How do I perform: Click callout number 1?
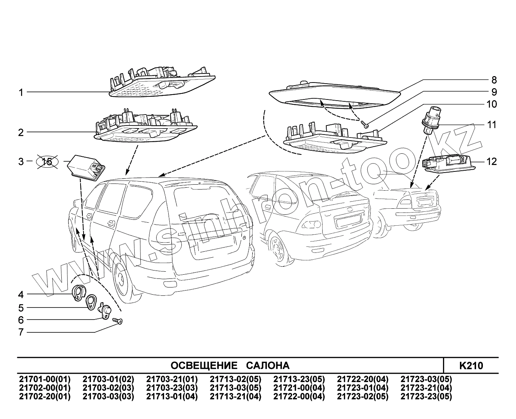click(x=21, y=92)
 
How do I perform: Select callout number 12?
click(x=492, y=162)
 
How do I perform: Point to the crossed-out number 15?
click(x=47, y=162)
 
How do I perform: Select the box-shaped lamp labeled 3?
click(x=86, y=167)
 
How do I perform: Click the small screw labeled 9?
click(x=364, y=123)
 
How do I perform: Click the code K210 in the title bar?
click(x=471, y=365)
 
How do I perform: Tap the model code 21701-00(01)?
click(x=44, y=379)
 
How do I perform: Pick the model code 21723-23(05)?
click(x=426, y=396)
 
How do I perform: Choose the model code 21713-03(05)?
click(x=235, y=388)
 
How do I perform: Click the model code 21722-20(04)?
click(x=362, y=379)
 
